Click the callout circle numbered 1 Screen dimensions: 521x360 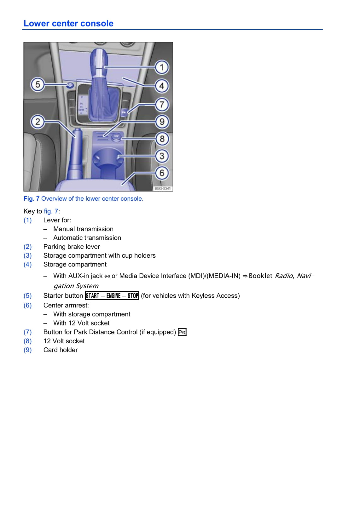162,67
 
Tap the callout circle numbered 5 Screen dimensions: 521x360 38,84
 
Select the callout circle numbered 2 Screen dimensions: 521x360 38,122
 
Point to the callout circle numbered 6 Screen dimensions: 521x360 162,173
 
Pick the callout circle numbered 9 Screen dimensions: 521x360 162,122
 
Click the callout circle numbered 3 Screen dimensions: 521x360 162,156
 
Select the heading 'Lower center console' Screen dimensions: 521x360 68,24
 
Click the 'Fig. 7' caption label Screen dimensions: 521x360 31,199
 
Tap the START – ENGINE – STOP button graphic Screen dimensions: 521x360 112,296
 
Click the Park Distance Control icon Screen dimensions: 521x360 182,332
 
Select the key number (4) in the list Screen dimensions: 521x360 28,264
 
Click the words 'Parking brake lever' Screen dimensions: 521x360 72,247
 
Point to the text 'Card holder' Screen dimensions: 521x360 61,350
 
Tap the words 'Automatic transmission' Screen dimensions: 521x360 87,238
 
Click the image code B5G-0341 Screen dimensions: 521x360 163,188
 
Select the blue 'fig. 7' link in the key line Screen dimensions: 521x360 51,211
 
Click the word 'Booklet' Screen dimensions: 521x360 260,276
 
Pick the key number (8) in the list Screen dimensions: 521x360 28,341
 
